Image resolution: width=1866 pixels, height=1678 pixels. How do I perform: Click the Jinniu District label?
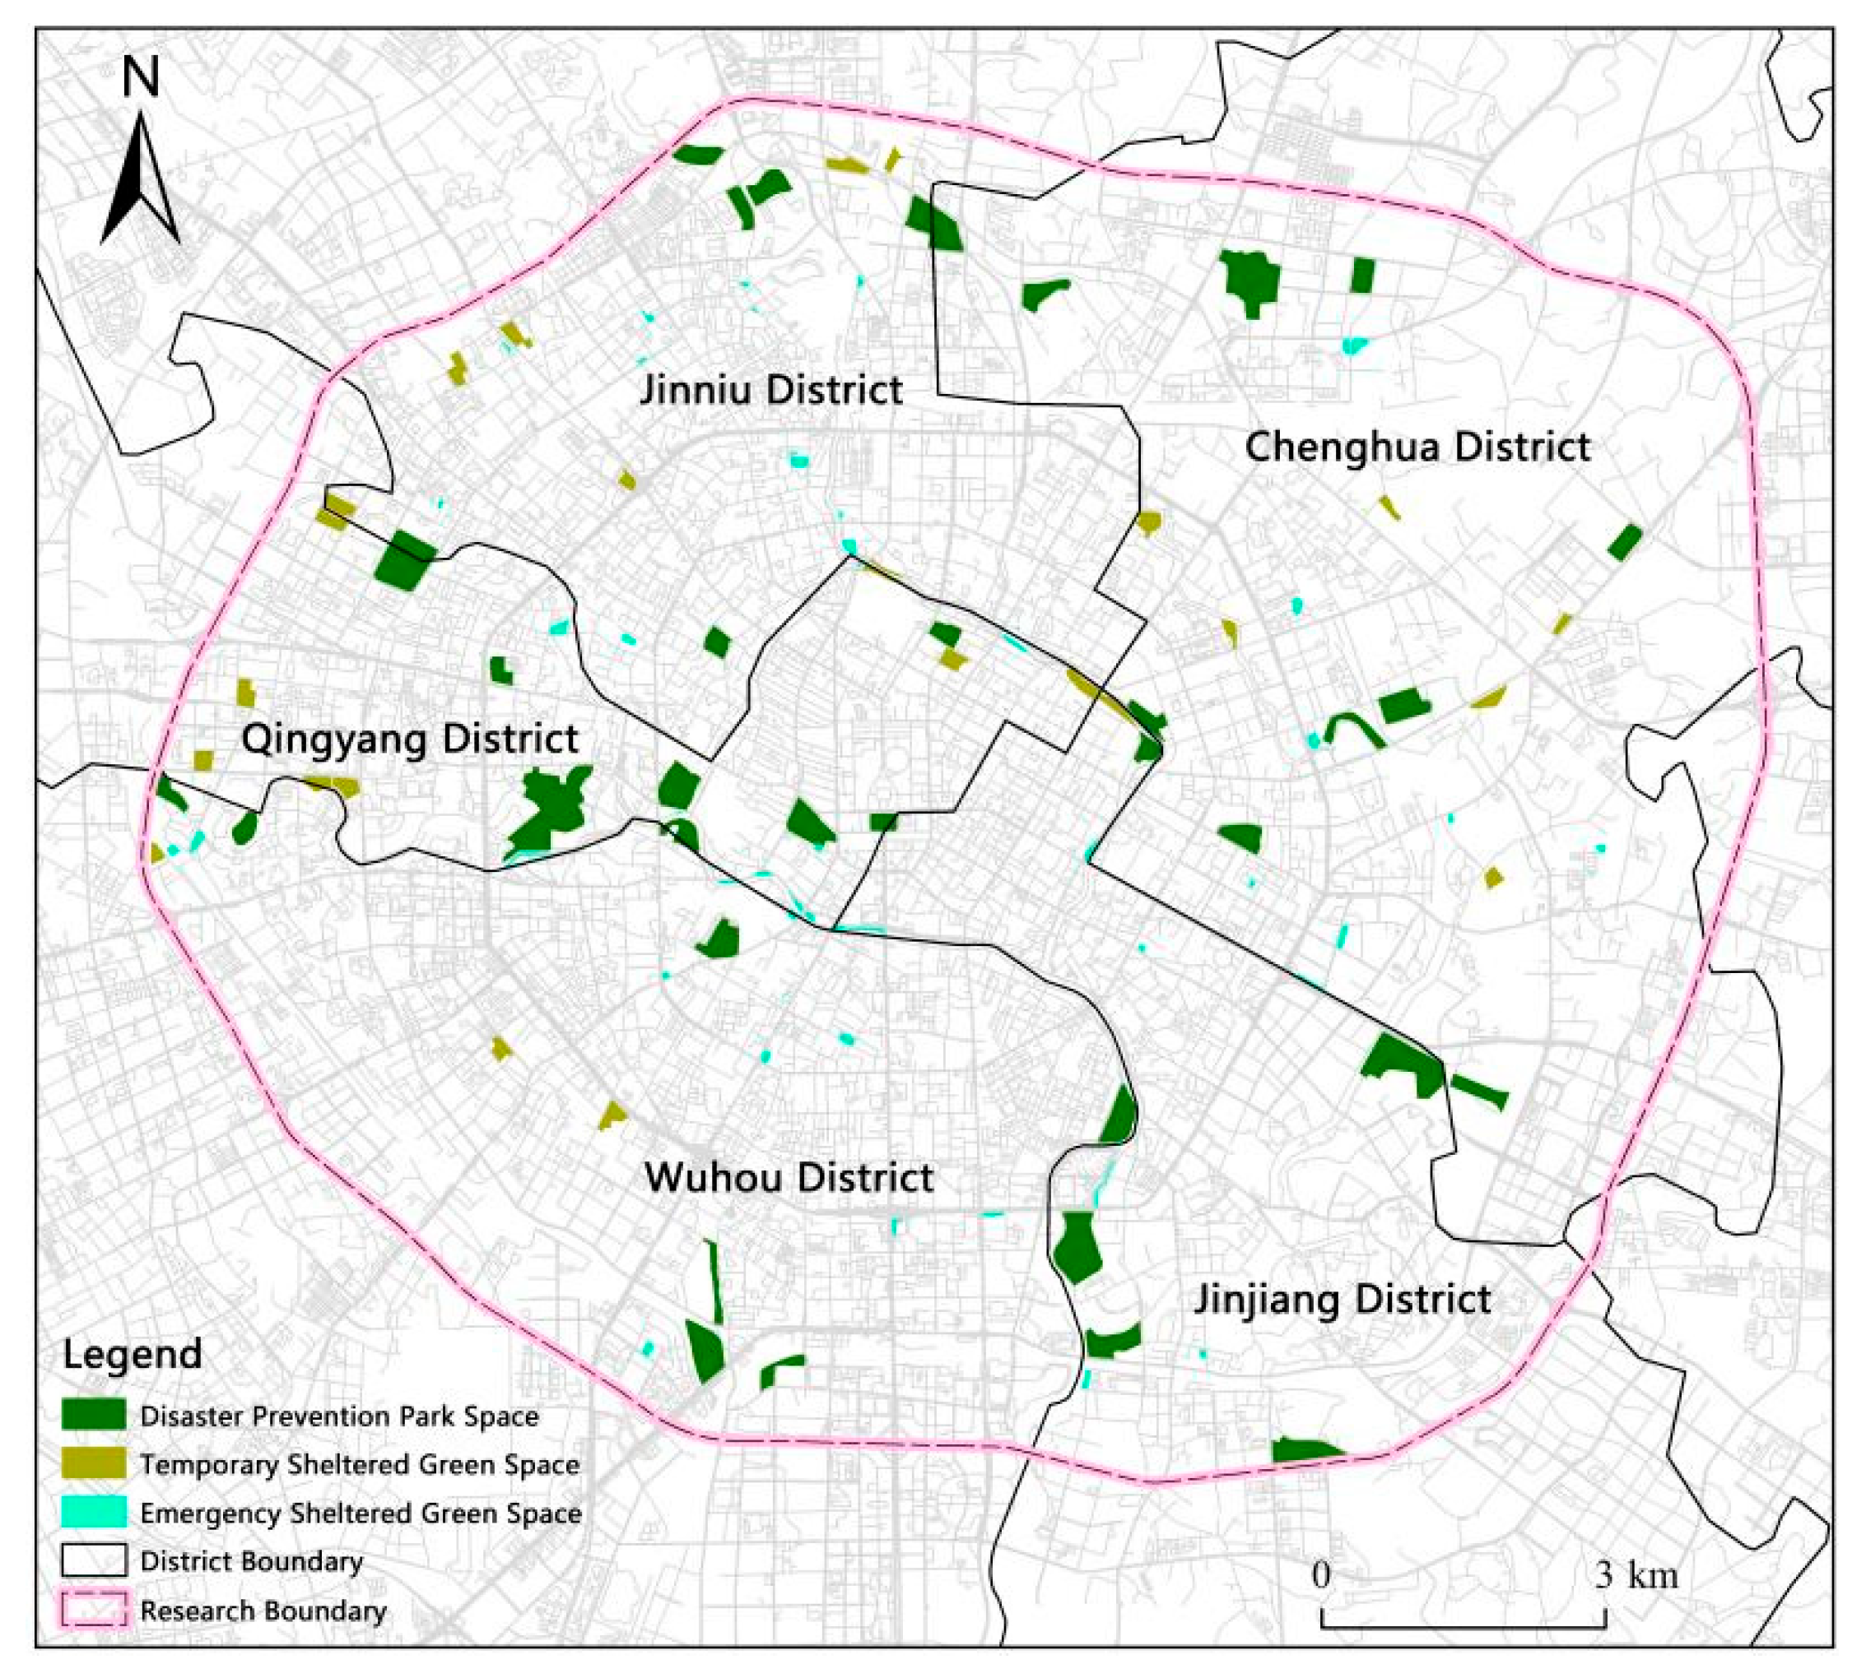(771, 390)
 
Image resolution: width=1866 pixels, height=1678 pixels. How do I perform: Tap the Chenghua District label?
(1417, 447)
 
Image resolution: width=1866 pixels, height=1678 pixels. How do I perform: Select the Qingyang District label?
(410, 739)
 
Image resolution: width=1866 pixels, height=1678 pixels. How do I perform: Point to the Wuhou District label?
(789, 1178)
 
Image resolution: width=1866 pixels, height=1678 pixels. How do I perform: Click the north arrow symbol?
(139, 180)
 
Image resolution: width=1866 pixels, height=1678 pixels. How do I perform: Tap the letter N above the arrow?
(140, 77)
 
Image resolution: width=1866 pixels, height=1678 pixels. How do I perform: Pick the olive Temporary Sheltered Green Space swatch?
(93, 1463)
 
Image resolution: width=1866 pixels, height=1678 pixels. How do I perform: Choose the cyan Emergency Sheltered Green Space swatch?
(93, 1512)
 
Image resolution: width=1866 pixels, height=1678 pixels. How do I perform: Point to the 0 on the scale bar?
(1322, 1574)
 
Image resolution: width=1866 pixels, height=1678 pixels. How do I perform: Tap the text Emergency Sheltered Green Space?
(361, 1513)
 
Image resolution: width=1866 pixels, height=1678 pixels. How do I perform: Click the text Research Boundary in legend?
(263, 1611)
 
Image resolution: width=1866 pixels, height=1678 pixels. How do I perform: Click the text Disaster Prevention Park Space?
(339, 1416)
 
